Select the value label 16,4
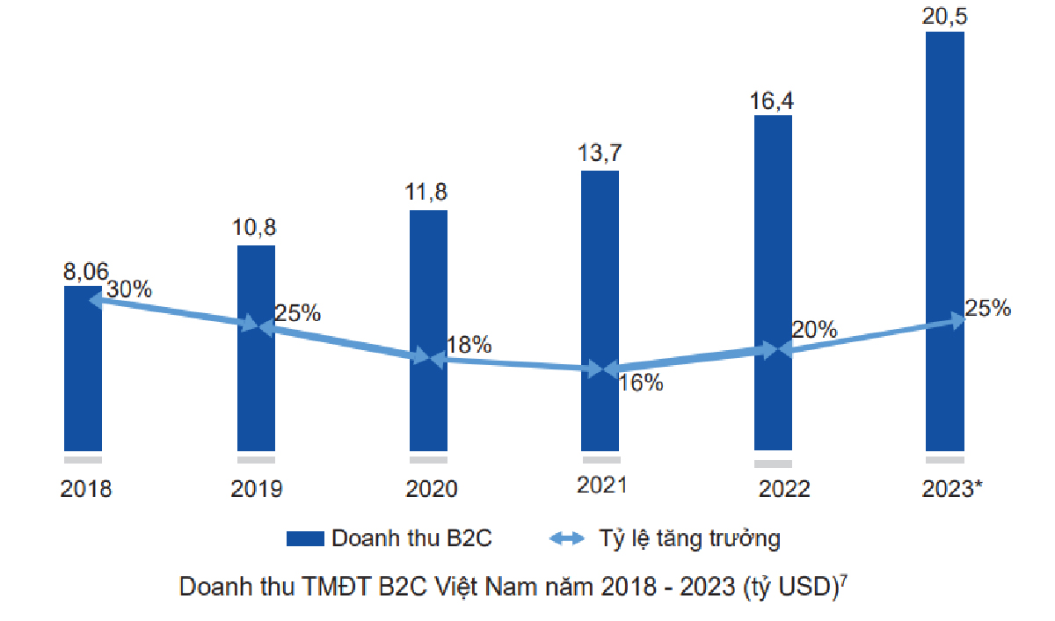pyautogui.click(x=772, y=101)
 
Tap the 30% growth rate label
pyautogui.click(x=128, y=289)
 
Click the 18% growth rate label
pyautogui.click(x=469, y=345)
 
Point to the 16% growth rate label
pyautogui.click(x=640, y=383)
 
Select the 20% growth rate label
pyautogui.click(x=814, y=330)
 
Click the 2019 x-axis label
pyautogui.click(x=256, y=489)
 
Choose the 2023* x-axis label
pyautogui.click(x=948, y=489)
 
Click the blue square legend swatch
pyautogui.click(x=304, y=538)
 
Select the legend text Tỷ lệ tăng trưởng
pyautogui.click(x=689, y=538)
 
